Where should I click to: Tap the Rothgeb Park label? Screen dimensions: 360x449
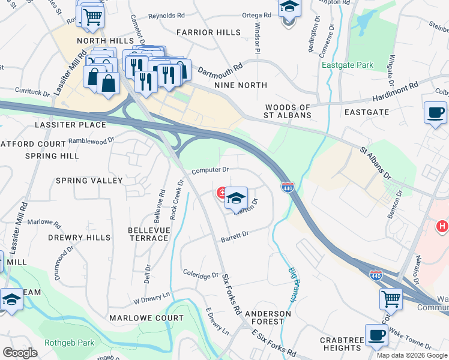coord(70,343)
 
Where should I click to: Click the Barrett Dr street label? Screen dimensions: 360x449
coord(234,236)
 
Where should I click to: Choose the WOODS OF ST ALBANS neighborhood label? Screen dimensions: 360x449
coord(288,112)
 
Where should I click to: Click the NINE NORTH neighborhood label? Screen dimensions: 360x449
coord(241,86)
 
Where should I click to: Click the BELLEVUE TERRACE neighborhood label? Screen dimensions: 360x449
coord(148,234)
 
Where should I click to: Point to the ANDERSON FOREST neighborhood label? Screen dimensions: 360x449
coord(268,317)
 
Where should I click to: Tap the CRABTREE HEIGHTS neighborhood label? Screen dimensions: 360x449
coord(340,344)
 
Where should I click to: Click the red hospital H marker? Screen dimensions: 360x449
coord(442,226)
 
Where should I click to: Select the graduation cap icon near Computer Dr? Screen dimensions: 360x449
coord(237,199)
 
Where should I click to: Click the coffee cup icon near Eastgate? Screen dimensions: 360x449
coord(435,112)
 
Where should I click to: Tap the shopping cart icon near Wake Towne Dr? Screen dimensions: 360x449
coord(391,297)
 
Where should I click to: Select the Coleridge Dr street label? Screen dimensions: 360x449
coord(201,275)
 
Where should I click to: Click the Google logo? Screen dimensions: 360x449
coord(20,352)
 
